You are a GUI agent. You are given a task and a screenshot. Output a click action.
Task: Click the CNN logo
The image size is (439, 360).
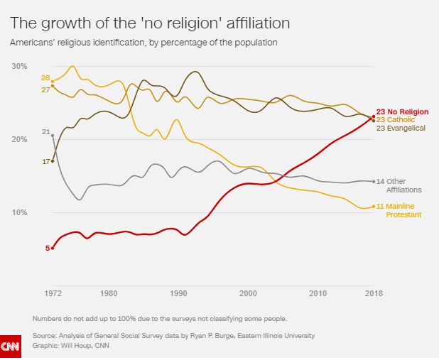[10, 347]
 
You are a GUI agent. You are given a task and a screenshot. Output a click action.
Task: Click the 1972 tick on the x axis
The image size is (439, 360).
[53, 293]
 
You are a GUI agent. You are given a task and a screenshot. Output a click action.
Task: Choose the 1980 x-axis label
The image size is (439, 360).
[109, 293]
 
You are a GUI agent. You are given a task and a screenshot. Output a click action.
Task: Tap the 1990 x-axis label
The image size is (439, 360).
[178, 293]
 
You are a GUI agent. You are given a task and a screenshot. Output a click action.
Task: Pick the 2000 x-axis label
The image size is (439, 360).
[248, 293]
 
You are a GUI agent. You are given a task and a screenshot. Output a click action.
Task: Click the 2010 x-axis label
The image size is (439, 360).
[318, 293]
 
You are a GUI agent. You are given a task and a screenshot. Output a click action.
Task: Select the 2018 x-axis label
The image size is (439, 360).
[374, 293]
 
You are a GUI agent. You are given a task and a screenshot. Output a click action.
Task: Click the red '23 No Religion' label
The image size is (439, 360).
[402, 111]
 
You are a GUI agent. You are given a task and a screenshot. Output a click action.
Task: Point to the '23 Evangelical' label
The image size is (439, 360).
[401, 128]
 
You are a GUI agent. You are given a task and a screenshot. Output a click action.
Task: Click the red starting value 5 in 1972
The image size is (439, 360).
[48, 248]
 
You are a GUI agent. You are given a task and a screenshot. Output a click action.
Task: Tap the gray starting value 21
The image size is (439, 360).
[45, 132]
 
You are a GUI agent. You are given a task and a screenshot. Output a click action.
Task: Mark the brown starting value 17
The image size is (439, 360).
[45, 162]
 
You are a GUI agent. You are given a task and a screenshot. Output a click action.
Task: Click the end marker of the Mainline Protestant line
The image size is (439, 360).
[374, 207]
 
